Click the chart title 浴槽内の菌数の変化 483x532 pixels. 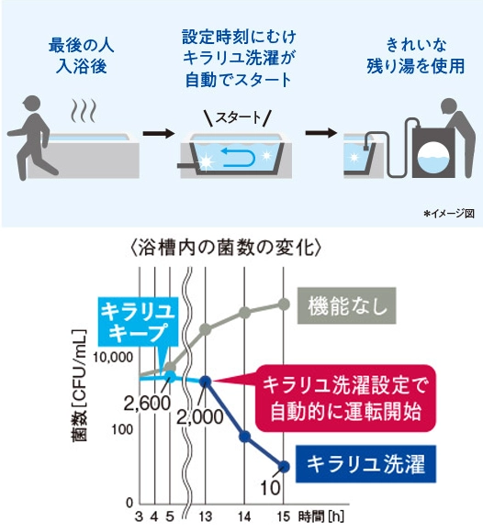(x=226, y=249)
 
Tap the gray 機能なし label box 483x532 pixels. (x=347, y=305)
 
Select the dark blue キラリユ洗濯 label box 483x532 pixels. (x=365, y=464)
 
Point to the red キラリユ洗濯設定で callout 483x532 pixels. (x=344, y=398)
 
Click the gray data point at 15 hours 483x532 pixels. (x=283, y=305)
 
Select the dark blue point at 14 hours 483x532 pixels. (x=244, y=437)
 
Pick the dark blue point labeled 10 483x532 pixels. (x=283, y=467)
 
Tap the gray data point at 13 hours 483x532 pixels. (x=206, y=328)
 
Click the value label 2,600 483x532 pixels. (x=147, y=404)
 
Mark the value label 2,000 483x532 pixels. (x=200, y=417)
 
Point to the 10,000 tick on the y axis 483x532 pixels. (x=113, y=358)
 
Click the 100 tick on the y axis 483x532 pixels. (x=122, y=429)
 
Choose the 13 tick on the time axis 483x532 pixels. (x=206, y=517)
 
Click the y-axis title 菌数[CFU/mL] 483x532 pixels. (x=79, y=385)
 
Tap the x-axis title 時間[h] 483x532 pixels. (x=321, y=516)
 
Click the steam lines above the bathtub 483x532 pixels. (x=84, y=111)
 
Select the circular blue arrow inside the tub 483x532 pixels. (x=238, y=157)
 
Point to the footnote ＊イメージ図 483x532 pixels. (x=448, y=214)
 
